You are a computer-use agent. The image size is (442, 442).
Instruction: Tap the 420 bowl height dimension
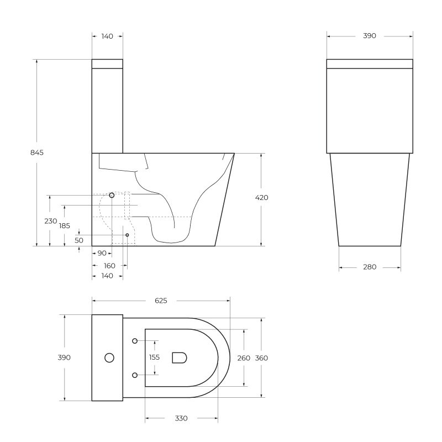[262, 198]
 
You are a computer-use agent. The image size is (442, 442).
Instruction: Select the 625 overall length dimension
[161, 301]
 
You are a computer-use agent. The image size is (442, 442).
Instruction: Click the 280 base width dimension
[370, 267]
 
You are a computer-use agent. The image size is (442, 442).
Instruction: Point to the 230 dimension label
[50, 221]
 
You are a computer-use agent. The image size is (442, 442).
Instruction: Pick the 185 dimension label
[65, 225]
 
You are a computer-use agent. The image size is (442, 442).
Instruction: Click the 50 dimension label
[79, 240]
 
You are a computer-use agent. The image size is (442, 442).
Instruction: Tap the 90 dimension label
[102, 254]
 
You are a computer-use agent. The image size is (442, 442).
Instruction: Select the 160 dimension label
[109, 266]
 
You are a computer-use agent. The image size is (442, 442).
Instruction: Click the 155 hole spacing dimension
[155, 357]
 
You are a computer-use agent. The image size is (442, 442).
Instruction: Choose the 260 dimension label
[244, 357]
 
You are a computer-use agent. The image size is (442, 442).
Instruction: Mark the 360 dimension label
[261, 357]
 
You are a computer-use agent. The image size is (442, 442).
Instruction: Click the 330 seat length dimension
[181, 418]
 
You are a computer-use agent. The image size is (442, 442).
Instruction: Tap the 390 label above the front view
[370, 36]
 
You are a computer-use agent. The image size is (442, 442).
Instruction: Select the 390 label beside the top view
[65, 357]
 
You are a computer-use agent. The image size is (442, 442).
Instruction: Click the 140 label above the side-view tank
[107, 36]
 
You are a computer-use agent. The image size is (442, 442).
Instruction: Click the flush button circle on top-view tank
[109, 358]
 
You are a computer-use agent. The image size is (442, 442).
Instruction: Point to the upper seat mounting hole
[135, 341]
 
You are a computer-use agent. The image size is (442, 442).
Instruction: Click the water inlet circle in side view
[112, 195]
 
